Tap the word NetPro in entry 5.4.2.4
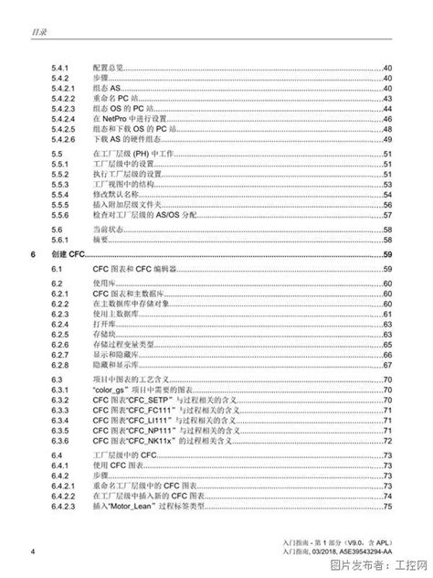click(127, 119)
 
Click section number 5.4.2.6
click(64, 139)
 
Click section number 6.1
click(58, 268)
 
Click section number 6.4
click(58, 455)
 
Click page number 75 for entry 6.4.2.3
click(387, 506)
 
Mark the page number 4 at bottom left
click(33, 551)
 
